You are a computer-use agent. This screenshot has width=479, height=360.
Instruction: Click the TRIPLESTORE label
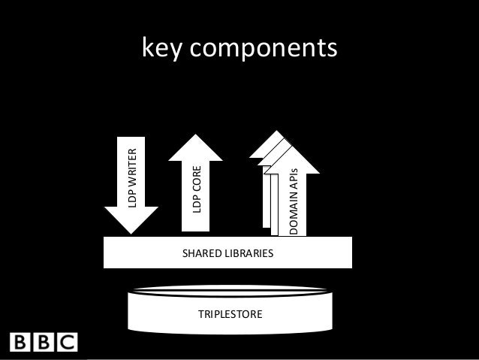click(230, 312)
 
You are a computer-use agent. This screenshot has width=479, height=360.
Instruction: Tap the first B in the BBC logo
click(19, 343)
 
